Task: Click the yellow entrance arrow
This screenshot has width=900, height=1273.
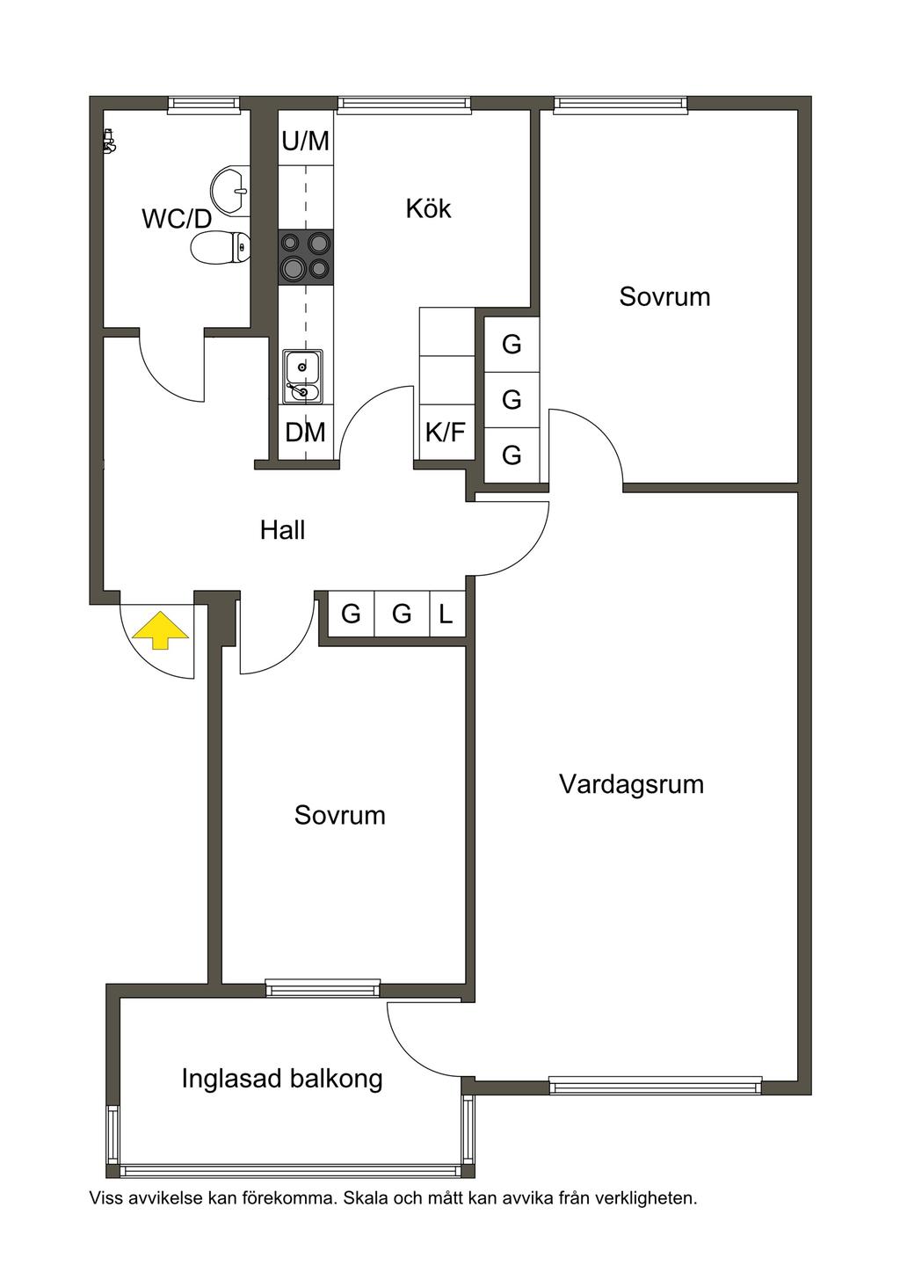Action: pos(160,629)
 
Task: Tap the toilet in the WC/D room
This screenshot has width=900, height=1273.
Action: pos(221,248)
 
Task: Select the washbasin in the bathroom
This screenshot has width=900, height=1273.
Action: pos(230,190)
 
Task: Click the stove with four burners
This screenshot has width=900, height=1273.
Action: pos(306,258)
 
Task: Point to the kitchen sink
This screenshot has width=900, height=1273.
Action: pos(302,376)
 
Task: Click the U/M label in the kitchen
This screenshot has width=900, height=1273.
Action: pos(306,141)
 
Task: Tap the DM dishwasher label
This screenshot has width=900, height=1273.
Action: pos(306,433)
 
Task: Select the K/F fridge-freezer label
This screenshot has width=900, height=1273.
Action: pos(446,433)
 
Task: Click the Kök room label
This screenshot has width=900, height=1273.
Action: pos(428,208)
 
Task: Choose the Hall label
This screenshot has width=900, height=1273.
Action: pos(282,530)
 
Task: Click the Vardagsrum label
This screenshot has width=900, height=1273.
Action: pos(631,783)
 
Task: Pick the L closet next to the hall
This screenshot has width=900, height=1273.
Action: pos(446,614)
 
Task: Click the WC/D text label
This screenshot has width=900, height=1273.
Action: pos(177,219)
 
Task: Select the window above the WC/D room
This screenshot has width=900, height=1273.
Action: pos(204,103)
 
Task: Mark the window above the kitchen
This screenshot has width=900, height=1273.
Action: pos(404,103)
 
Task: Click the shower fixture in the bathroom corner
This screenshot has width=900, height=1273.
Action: pos(109,141)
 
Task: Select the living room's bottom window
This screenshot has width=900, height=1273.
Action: pos(655,1085)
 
